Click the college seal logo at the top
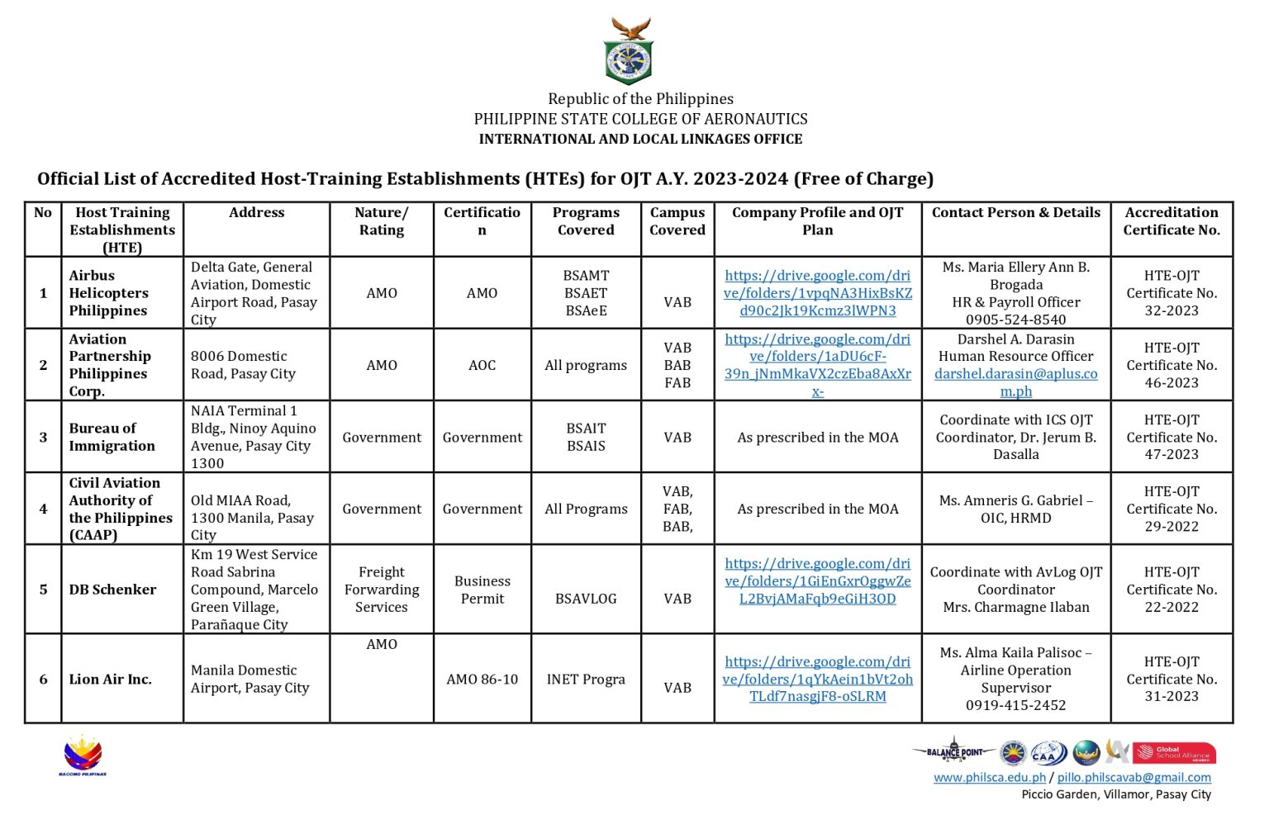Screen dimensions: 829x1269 (x=629, y=51)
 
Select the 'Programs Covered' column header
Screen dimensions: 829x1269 (x=586, y=221)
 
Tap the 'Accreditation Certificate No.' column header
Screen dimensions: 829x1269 (x=1171, y=221)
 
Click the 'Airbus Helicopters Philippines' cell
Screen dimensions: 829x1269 (x=109, y=293)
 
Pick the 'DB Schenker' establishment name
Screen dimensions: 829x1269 (x=112, y=590)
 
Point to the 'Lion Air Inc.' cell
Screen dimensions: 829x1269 (x=111, y=680)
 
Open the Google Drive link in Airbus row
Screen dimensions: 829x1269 (x=817, y=293)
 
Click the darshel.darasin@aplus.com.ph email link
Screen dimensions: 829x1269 (x=1015, y=382)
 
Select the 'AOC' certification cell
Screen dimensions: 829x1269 (x=482, y=365)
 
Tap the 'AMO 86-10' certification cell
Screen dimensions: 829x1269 (x=482, y=680)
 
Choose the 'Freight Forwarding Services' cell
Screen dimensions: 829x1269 (x=382, y=590)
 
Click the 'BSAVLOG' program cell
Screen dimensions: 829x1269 (x=586, y=599)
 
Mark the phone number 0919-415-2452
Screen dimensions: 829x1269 (x=1015, y=705)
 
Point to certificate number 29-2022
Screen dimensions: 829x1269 (x=1171, y=526)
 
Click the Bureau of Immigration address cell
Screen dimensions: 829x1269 (x=254, y=437)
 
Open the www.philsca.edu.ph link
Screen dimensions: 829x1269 (x=989, y=777)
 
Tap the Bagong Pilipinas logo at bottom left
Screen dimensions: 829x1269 (x=83, y=756)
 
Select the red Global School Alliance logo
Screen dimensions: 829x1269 (x=1173, y=752)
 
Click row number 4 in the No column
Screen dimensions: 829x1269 (x=43, y=509)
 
